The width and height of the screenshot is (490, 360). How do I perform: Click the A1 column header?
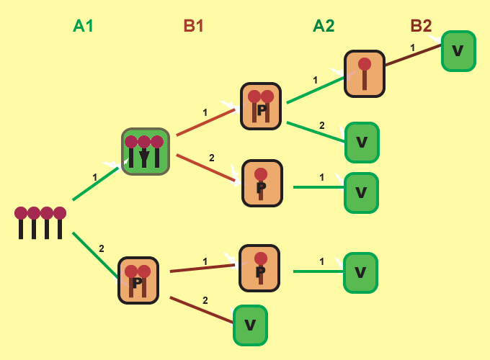(x=84, y=26)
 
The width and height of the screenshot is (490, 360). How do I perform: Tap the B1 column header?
(x=194, y=26)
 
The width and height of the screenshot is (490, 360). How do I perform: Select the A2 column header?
(x=324, y=26)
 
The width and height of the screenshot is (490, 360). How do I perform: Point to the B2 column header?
(x=421, y=26)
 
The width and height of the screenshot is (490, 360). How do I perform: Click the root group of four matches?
(x=40, y=222)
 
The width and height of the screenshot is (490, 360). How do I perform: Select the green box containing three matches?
(x=145, y=152)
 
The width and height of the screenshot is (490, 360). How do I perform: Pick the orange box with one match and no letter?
(x=365, y=73)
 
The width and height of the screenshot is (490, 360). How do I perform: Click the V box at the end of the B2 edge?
(x=458, y=51)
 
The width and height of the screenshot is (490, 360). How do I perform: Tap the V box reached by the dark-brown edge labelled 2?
(x=250, y=325)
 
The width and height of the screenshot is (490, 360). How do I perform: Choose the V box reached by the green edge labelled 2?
(x=362, y=143)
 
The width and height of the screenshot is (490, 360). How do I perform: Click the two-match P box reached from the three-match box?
(x=261, y=106)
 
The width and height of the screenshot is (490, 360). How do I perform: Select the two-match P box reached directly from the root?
(x=138, y=280)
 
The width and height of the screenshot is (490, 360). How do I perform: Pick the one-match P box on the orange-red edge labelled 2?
(x=262, y=183)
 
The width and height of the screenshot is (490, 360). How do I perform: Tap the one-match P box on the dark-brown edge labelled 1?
(x=259, y=268)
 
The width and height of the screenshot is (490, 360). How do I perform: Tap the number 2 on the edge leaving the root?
(x=102, y=248)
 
